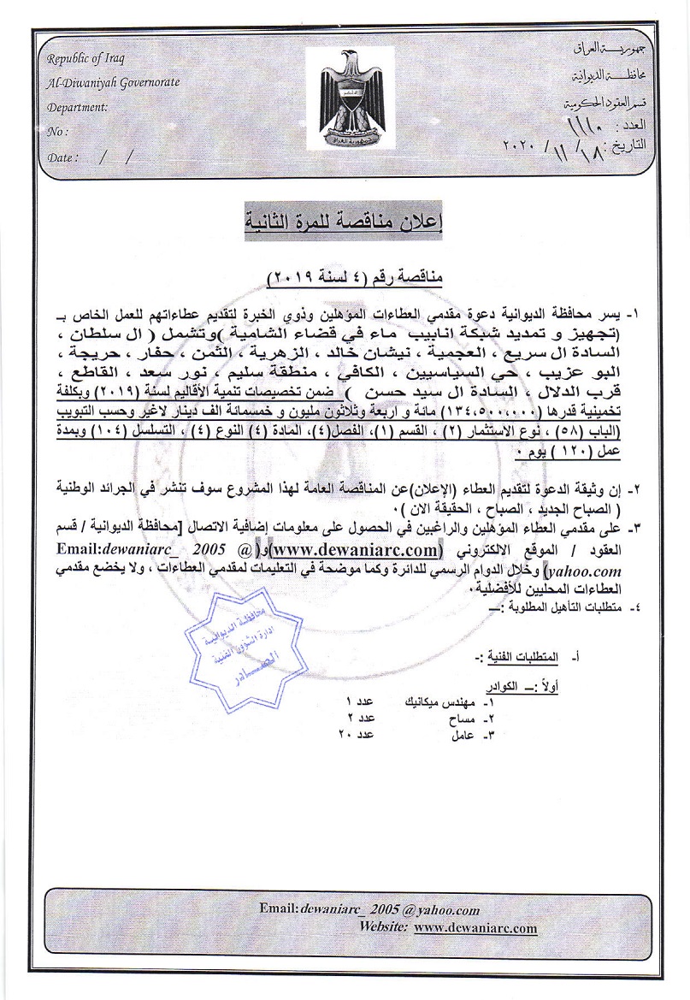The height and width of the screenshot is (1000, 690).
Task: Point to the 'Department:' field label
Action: (x=78, y=108)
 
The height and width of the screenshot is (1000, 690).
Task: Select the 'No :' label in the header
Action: (x=57, y=132)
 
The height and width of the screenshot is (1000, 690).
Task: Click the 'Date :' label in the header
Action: (x=63, y=157)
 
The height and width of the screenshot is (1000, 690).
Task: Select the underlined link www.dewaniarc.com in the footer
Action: (x=475, y=927)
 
